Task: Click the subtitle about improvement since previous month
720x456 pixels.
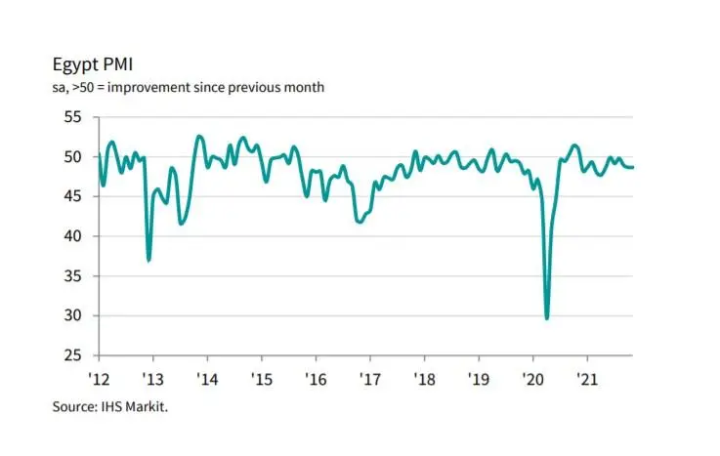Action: pos(188,88)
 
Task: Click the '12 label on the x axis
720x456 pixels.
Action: pos(99,377)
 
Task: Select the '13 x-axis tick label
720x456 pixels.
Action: pos(152,377)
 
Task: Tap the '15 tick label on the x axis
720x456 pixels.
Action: pos(261,377)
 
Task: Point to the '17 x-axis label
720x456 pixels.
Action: pos(369,377)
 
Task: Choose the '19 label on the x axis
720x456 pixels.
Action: pos(477,377)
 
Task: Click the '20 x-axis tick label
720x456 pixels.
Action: pos(531,377)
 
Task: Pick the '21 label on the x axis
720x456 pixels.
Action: pos(585,377)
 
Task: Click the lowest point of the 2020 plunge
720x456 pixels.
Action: pos(547,318)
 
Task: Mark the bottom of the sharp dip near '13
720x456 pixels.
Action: pos(148,260)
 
